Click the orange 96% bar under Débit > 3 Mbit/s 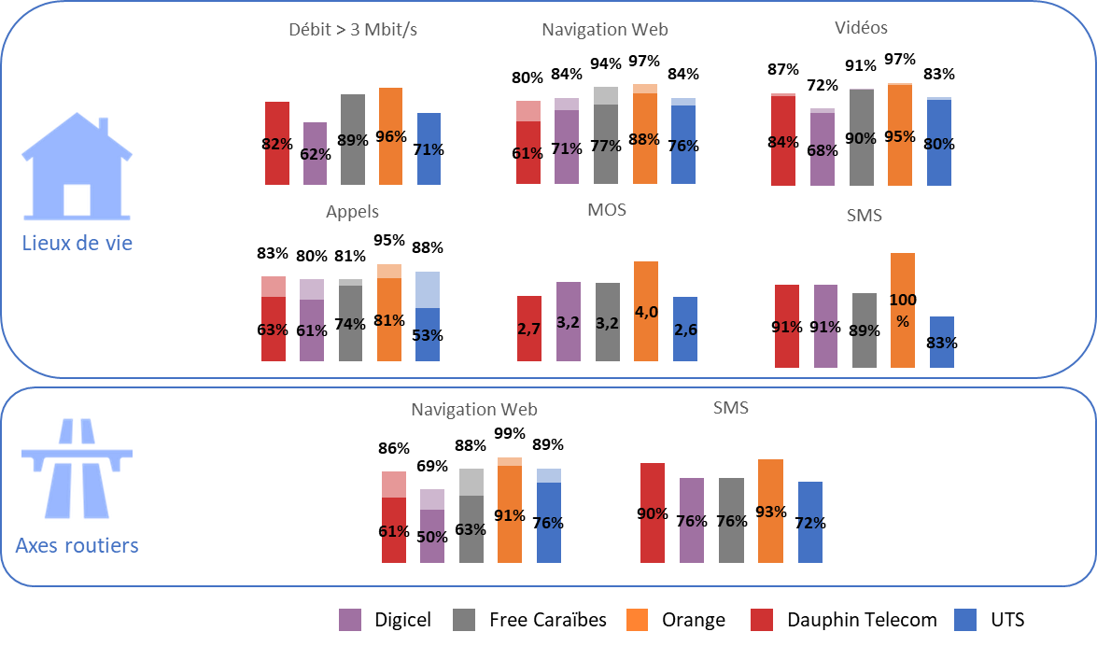390,135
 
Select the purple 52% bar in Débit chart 316,153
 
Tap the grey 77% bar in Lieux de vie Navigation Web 606,135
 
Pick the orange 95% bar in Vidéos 900,134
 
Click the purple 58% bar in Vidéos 823,147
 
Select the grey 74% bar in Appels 350,320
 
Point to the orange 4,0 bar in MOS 646,311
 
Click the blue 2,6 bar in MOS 685,329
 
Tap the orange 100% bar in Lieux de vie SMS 903,310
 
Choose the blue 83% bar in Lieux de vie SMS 942,342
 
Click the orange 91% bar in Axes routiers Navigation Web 510,510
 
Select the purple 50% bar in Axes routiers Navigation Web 432,526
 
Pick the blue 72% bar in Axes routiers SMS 810,522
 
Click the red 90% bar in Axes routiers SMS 653,513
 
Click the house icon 77,170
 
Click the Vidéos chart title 861,28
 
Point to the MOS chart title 607,210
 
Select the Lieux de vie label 77,244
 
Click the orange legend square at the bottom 638,619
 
